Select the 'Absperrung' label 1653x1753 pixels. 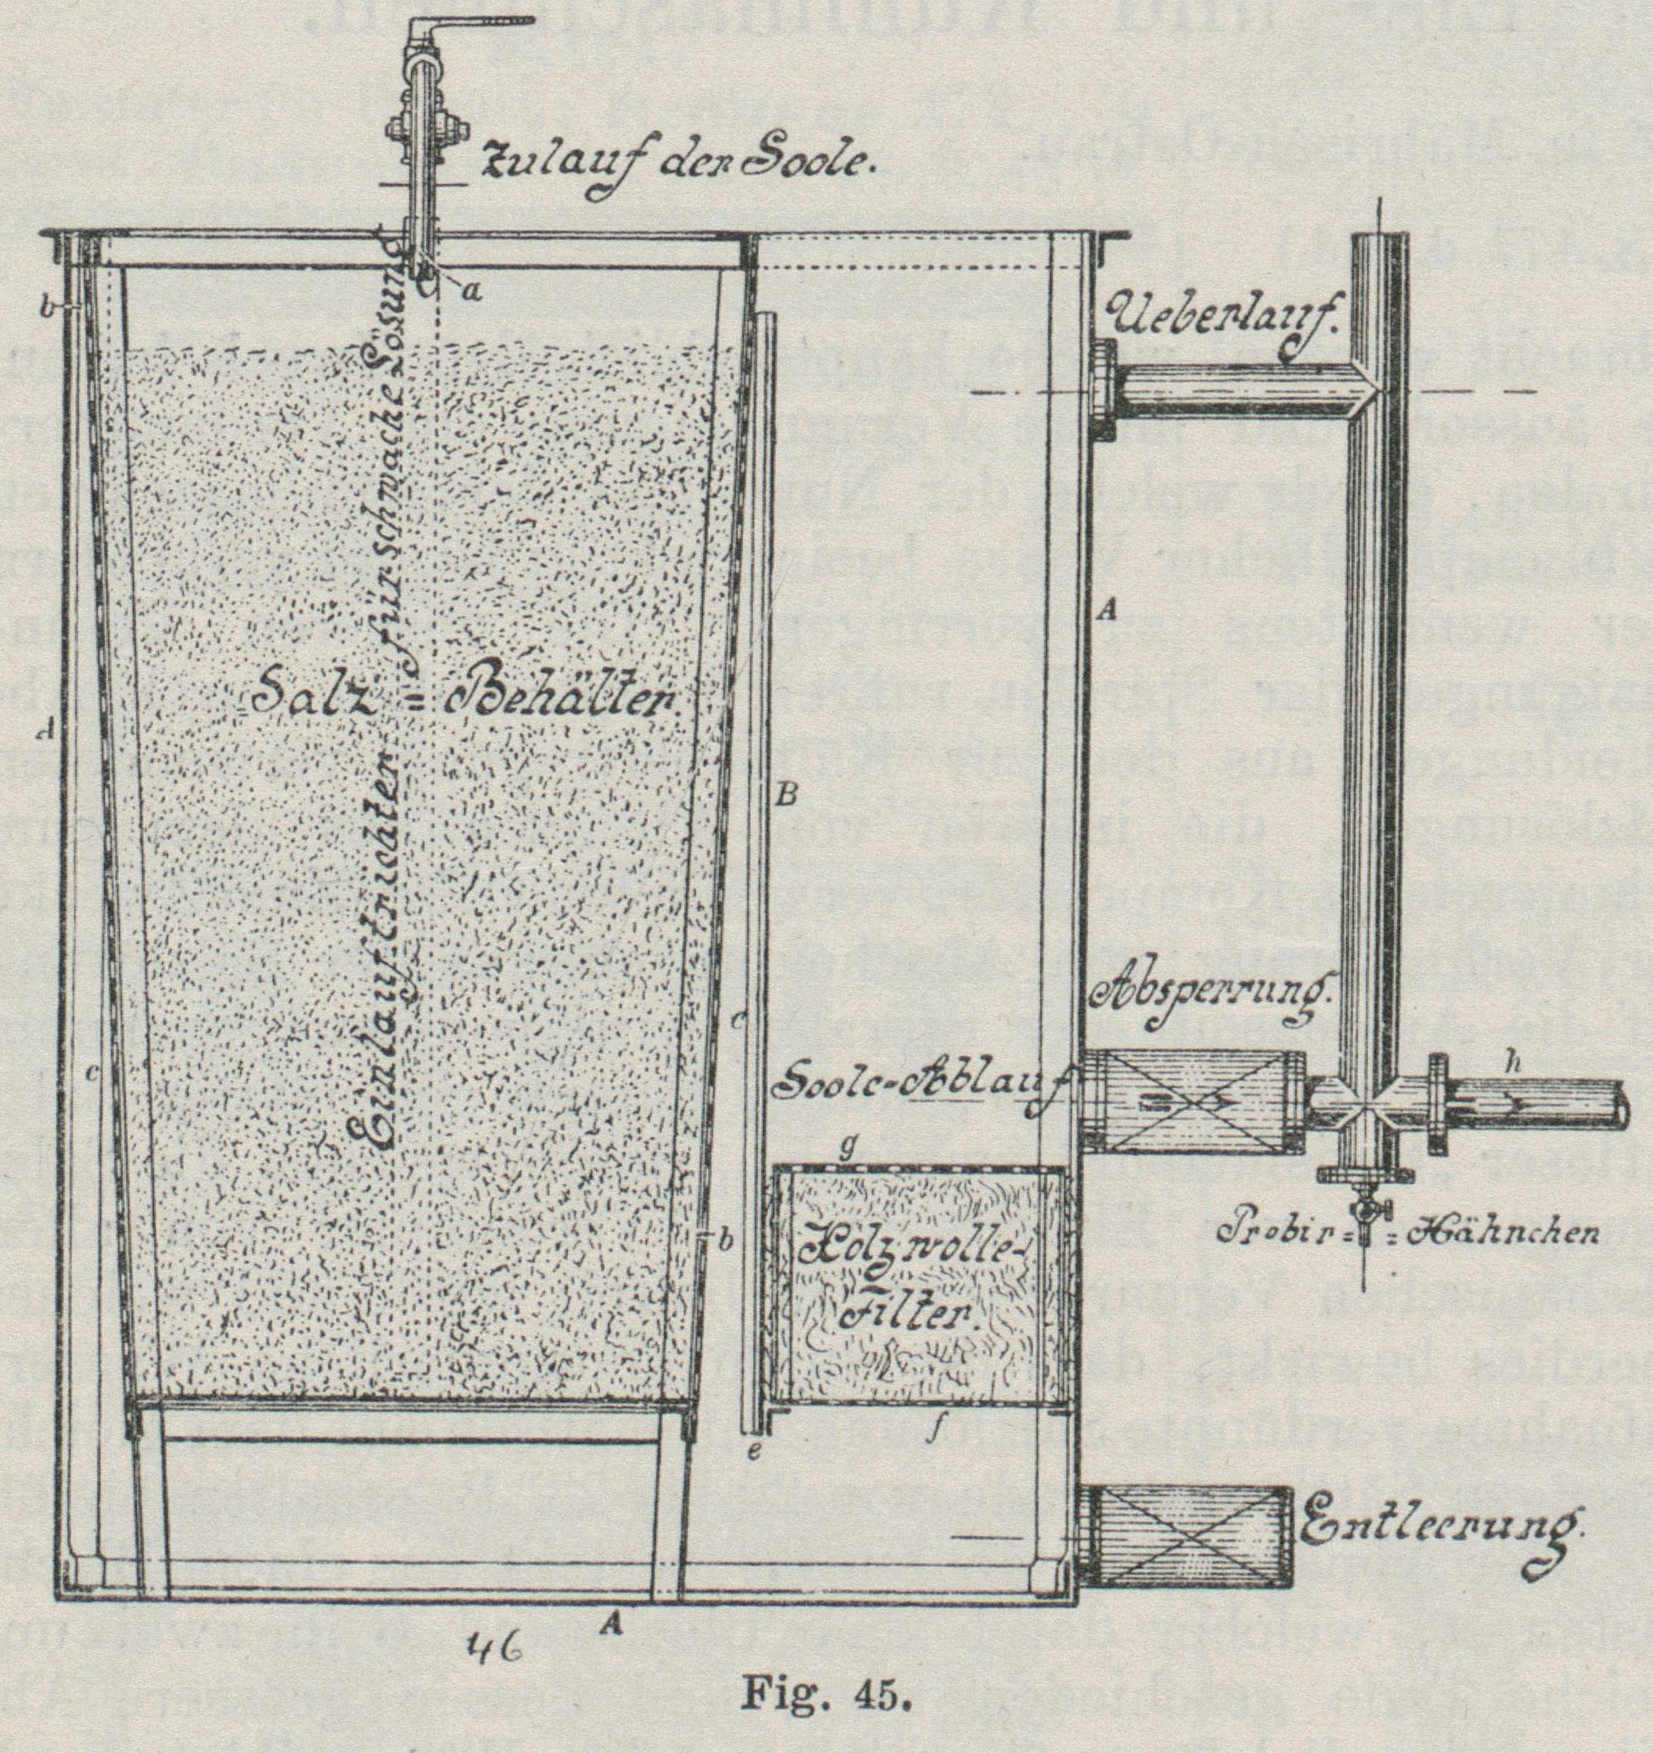click(1211, 996)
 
